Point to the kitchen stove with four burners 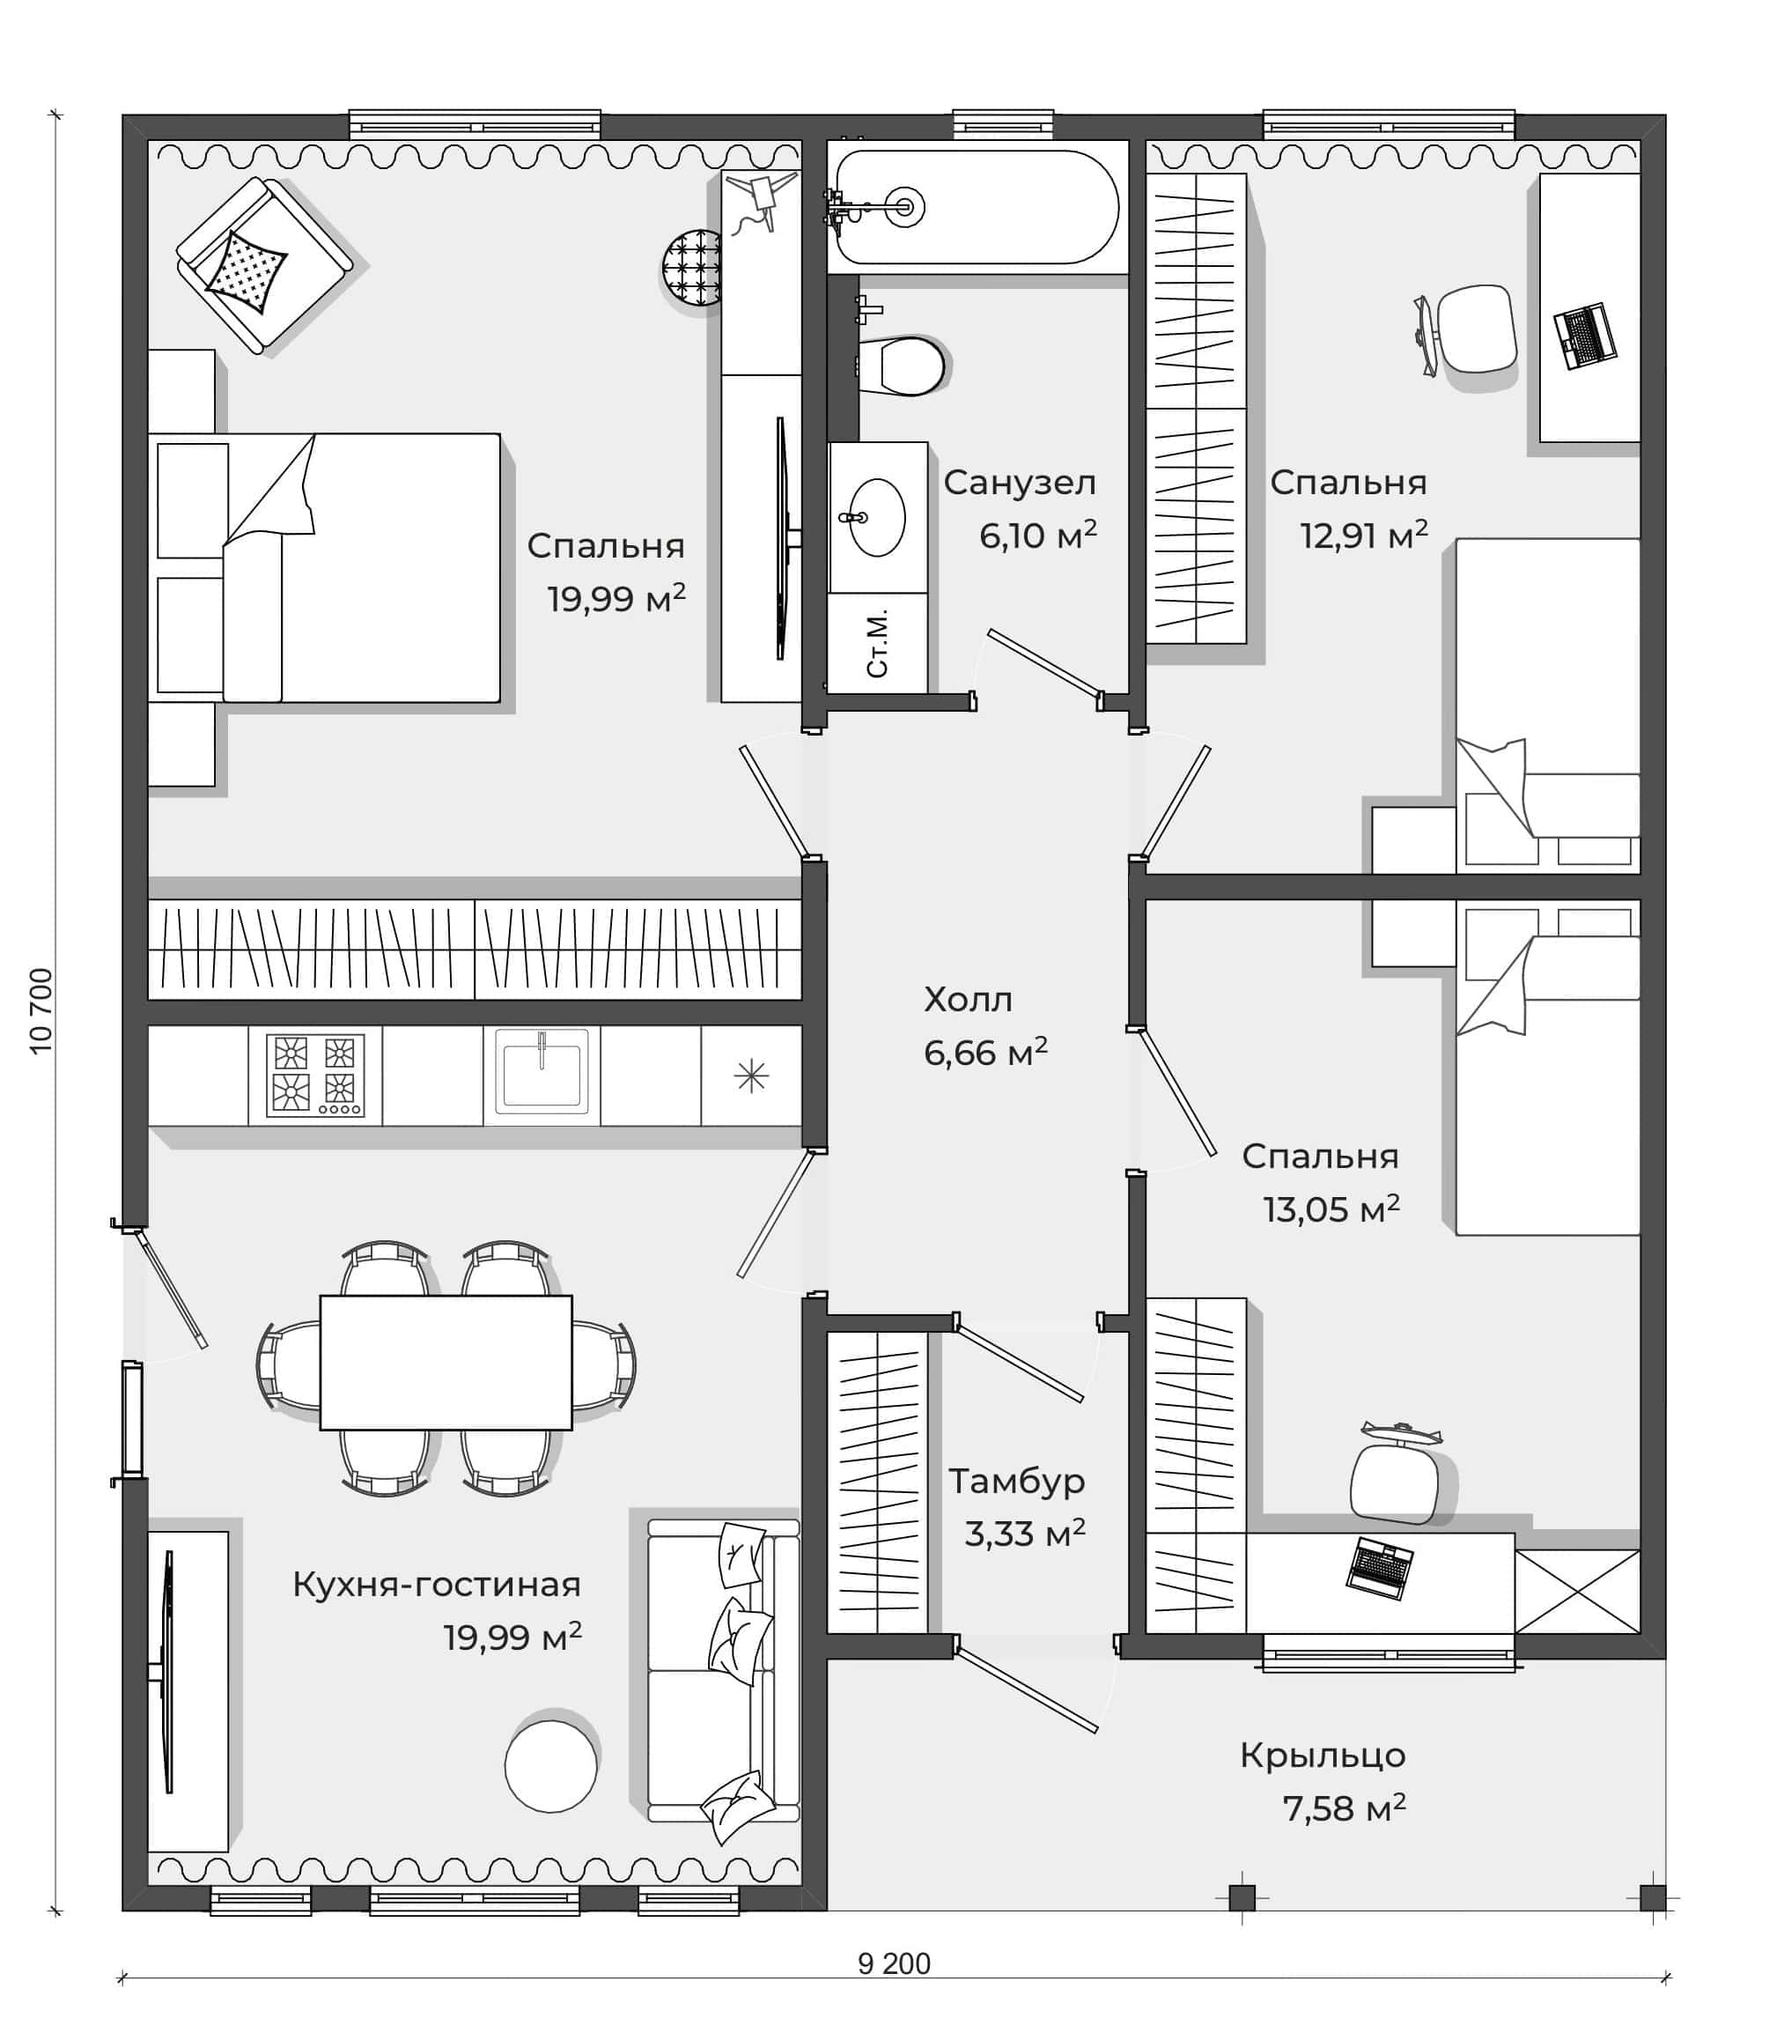point(315,1076)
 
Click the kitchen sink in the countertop point(541,1070)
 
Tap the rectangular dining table point(446,1362)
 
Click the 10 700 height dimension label point(41,1011)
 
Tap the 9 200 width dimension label point(894,1963)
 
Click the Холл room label point(968,1000)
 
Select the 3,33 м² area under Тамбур point(1024,1533)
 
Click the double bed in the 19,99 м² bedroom point(324,568)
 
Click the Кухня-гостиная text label point(437,1585)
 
